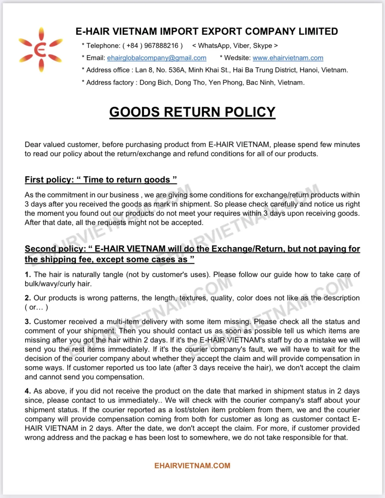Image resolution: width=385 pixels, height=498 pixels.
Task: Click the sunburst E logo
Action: (x=41, y=50)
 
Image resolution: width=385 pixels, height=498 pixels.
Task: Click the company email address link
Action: (x=157, y=58)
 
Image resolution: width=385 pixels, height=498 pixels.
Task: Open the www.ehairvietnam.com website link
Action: (x=288, y=58)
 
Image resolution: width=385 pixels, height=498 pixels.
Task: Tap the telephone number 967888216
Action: (x=161, y=46)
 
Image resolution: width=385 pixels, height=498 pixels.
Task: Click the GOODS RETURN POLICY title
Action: (x=192, y=112)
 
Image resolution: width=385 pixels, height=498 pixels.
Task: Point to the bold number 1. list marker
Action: (x=28, y=275)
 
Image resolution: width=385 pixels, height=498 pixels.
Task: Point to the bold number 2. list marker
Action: (x=28, y=298)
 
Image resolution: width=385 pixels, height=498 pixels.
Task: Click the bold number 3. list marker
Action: (x=28, y=322)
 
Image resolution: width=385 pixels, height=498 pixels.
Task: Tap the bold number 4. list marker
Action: (x=28, y=391)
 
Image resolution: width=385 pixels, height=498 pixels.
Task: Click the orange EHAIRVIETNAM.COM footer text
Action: (x=192, y=466)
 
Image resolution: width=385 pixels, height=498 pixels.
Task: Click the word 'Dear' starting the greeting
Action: (x=33, y=144)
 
